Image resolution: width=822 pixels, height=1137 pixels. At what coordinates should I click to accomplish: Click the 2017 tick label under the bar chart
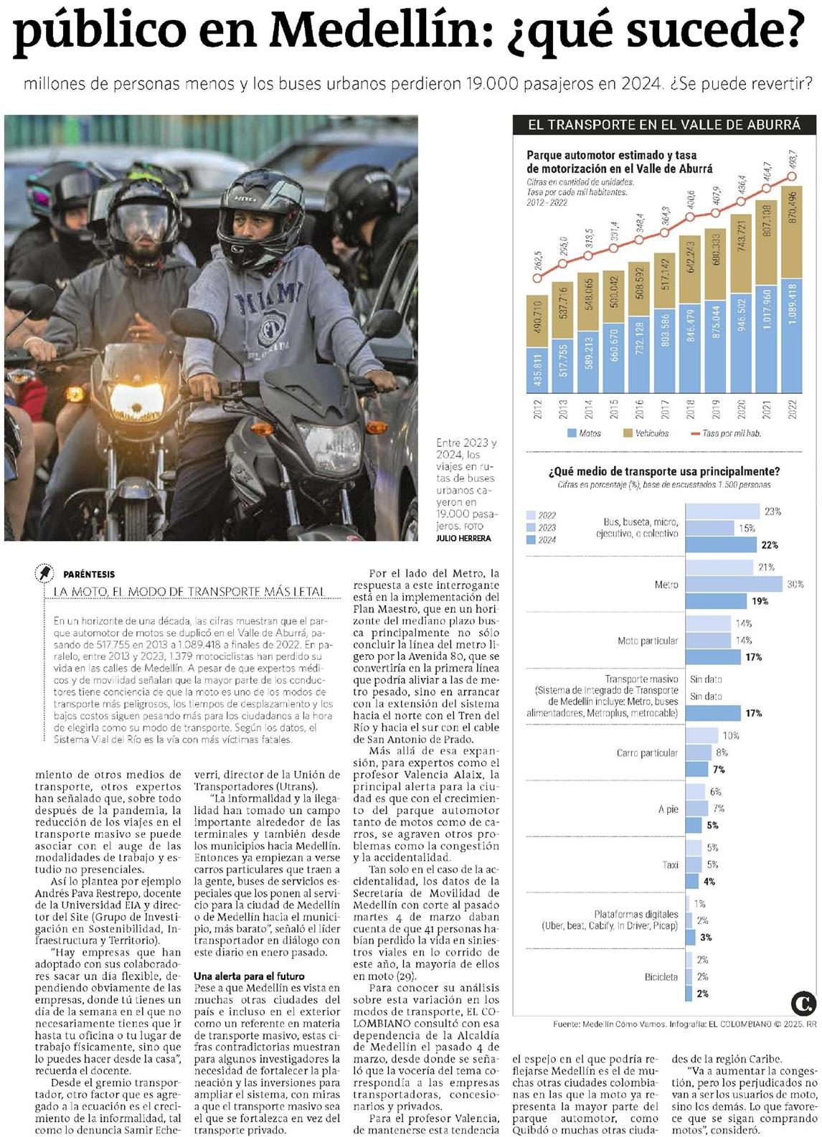pos(665,409)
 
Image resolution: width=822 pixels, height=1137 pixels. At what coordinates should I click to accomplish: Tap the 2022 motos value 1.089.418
pos(792,304)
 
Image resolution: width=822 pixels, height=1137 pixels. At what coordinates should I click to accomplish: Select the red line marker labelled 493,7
pos(792,176)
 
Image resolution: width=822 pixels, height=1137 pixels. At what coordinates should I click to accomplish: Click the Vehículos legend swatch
pos(628,433)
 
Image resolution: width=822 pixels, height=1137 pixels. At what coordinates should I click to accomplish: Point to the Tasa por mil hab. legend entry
pos(726,433)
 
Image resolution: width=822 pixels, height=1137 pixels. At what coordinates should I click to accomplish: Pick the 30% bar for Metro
pos(734,584)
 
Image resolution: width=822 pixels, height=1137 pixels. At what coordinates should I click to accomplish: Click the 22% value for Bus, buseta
pos(769,544)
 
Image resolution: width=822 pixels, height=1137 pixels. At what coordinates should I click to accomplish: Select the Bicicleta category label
pos(661,976)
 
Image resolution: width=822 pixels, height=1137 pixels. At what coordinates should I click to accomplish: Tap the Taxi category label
pos(670,864)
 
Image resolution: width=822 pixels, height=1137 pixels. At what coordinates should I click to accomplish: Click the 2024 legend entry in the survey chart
pos(541,539)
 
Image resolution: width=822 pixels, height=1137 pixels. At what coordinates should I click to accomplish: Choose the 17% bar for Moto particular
pos(713,657)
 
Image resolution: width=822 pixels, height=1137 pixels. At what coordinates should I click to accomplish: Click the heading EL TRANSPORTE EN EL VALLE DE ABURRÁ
pos(663,124)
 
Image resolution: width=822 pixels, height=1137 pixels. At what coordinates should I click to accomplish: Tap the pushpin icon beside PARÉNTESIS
pos(44,573)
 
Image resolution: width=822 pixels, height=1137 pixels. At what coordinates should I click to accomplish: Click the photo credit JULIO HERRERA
pos(463,538)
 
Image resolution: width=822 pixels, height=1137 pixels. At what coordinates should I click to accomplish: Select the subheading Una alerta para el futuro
pos(249,976)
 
